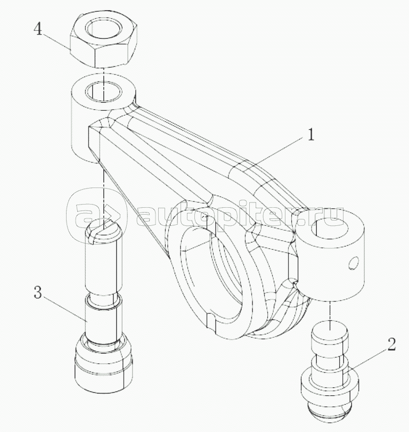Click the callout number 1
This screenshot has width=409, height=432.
tap(310, 135)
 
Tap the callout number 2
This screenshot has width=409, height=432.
tap(391, 345)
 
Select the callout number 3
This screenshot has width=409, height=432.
tap(38, 292)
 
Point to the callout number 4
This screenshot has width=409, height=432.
tap(38, 29)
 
